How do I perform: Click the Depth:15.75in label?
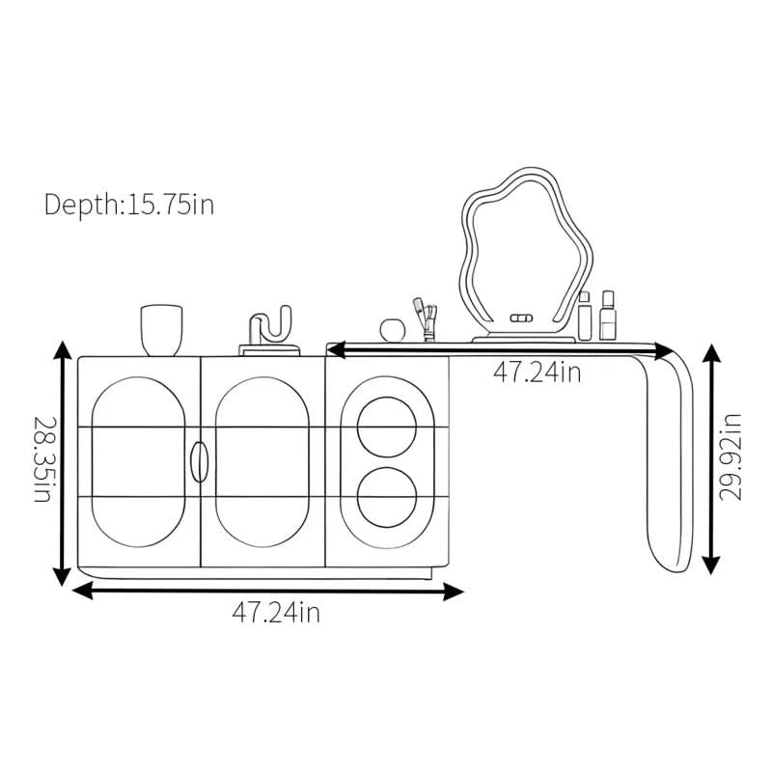click(129, 205)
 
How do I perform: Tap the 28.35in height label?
click(43, 459)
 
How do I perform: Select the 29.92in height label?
click(731, 457)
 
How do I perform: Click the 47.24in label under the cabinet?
click(276, 613)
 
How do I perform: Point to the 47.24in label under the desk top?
click(538, 372)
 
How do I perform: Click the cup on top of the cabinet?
click(161, 330)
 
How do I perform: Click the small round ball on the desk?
click(393, 329)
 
